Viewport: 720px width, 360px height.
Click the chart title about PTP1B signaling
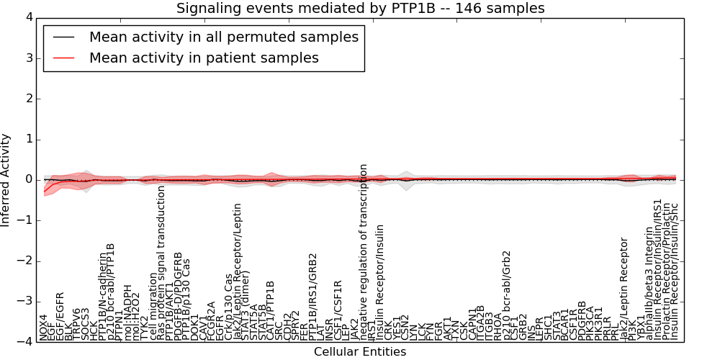tap(360, 8)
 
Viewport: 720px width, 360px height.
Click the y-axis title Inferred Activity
tap(6, 179)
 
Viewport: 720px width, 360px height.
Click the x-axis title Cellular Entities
tap(360, 352)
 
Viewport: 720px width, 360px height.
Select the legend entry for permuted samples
tap(223, 37)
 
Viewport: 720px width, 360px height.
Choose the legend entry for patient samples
tap(204, 58)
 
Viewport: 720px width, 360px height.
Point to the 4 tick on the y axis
tap(26, 17)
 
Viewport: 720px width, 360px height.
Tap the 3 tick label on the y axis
tap(26, 58)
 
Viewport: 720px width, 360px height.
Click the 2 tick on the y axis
tap(26, 98)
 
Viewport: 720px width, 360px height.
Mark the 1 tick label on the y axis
tap(26, 139)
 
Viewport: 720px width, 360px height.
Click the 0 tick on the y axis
tap(26, 179)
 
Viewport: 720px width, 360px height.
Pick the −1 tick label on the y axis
tap(23, 220)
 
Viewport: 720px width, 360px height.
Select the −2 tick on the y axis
tap(23, 261)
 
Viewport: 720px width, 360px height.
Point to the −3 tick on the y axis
tap(23, 302)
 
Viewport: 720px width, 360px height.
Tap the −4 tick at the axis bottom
tap(23, 342)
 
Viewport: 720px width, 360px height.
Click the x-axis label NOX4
tap(44, 327)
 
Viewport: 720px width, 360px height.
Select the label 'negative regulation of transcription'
tap(364, 252)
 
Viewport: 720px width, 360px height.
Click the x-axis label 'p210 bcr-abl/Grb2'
tap(506, 295)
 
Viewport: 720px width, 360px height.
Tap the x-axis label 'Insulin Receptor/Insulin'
tap(380, 282)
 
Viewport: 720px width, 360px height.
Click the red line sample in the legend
tap(63, 58)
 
